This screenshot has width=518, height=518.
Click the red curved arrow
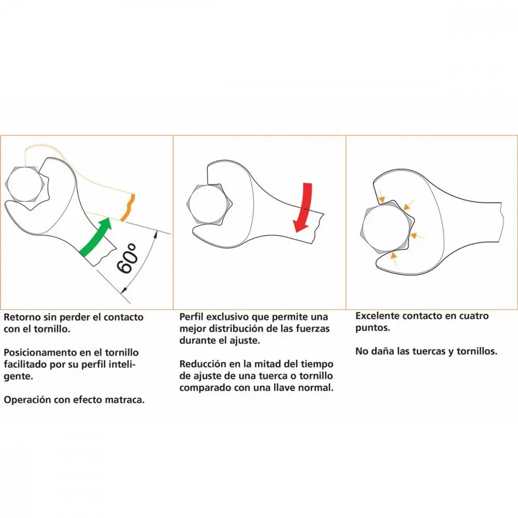coord(305,208)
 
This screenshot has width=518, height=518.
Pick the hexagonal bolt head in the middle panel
coord(209,204)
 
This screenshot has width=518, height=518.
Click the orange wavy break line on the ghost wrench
coord(128,208)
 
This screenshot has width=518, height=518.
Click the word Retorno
coord(22,317)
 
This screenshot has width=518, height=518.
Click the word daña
coord(383,351)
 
